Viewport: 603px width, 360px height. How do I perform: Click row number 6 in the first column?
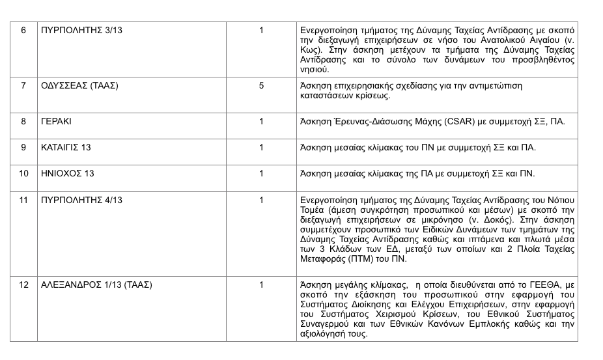coord(23,31)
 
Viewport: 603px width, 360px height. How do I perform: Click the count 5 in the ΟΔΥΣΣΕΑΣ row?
coord(261,85)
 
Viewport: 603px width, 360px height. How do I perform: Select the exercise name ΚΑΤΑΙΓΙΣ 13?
coord(66,147)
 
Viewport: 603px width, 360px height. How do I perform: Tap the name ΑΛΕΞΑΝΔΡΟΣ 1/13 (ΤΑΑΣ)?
coord(96,284)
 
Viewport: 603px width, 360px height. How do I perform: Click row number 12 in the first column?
coord(23,284)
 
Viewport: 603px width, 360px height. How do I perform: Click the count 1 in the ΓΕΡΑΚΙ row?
coord(261,121)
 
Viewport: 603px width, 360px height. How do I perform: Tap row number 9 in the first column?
coord(23,147)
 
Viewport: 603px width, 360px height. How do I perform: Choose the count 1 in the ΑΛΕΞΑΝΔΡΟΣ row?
coord(261,284)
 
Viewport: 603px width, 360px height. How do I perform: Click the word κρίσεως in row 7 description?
coord(374,95)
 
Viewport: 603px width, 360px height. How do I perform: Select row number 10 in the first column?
coord(23,173)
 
